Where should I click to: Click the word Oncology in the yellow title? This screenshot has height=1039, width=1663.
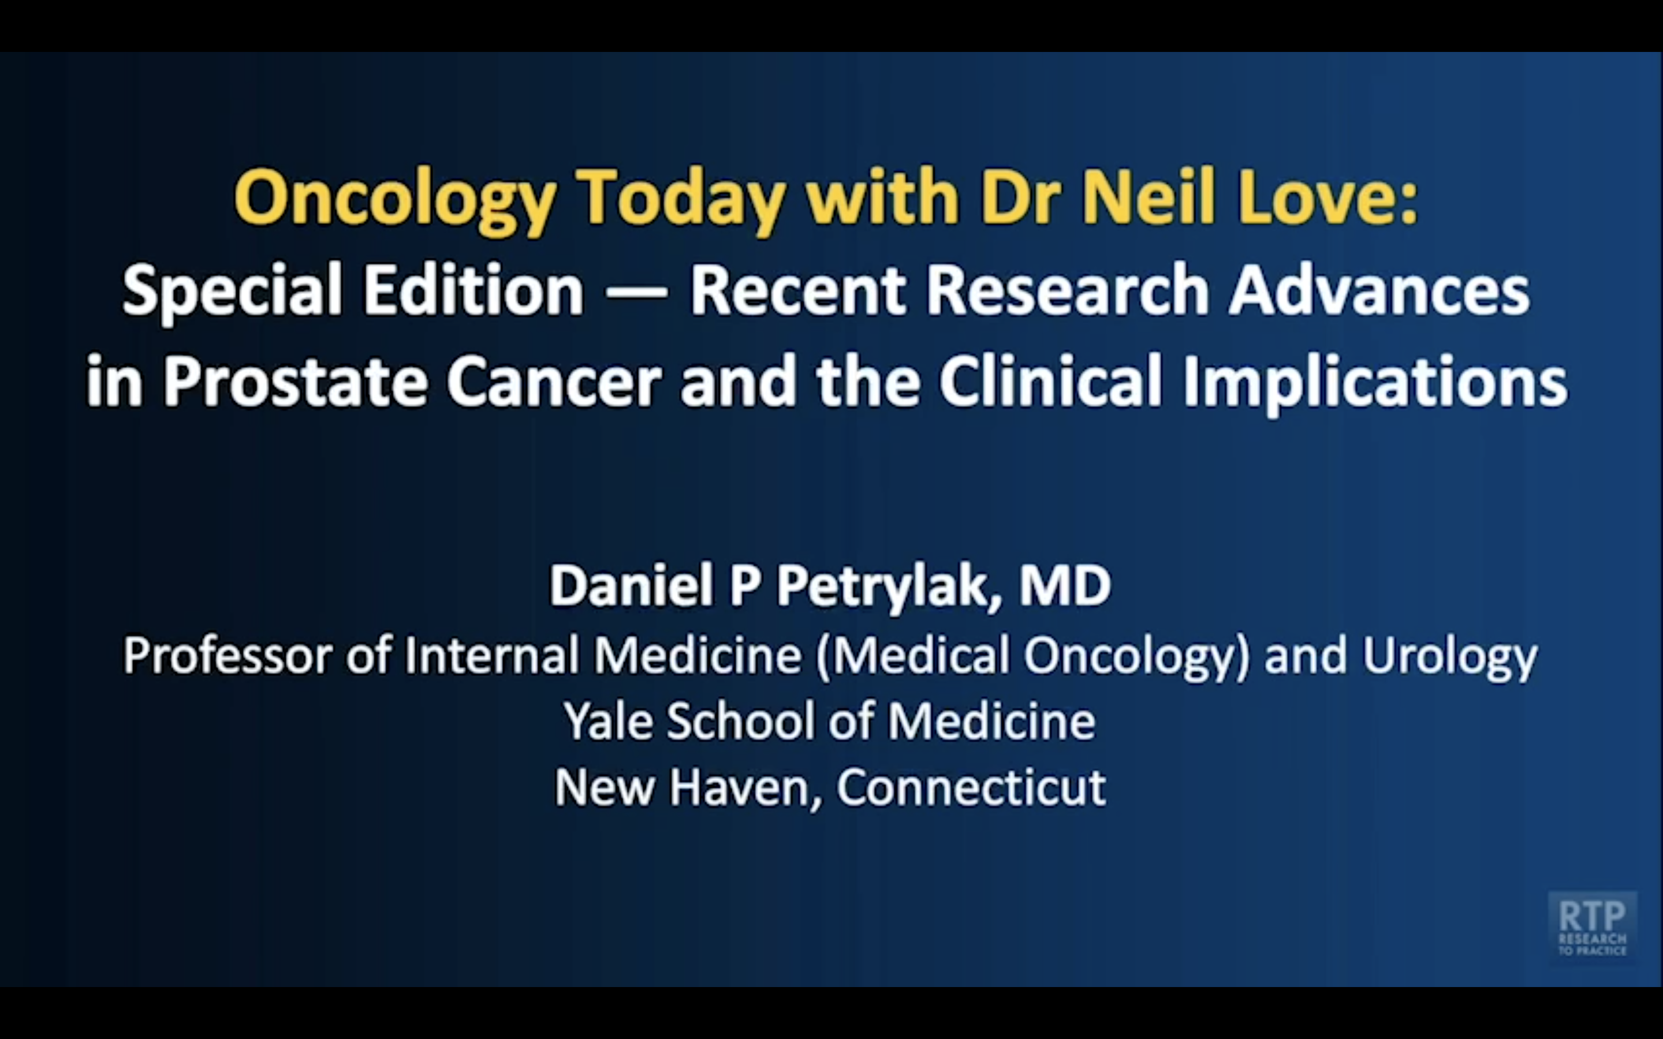[x=395, y=199]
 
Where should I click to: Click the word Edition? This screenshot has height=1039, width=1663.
[x=473, y=289]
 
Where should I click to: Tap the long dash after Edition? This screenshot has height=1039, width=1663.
[x=637, y=292]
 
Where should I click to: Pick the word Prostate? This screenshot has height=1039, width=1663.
[x=296, y=381]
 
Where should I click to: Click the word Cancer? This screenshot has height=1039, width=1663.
[x=554, y=382]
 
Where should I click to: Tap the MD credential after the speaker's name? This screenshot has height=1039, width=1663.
[x=1065, y=585]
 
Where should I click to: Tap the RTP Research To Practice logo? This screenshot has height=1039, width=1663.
[x=1592, y=927]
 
